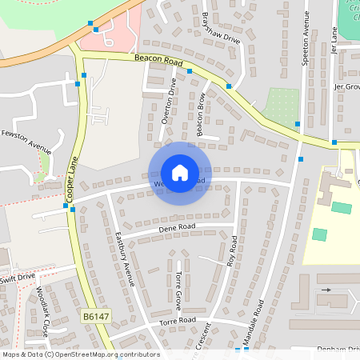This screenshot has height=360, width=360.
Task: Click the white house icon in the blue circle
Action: (x=180, y=172)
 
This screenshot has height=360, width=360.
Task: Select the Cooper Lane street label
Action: (x=70, y=181)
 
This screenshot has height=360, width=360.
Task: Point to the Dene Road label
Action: (x=176, y=228)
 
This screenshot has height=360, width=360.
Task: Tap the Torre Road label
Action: (x=177, y=322)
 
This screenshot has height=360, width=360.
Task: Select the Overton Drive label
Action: (x=168, y=102)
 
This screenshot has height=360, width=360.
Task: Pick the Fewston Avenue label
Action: (x=26, y=142)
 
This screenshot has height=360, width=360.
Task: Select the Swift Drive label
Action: (x=17, y=278)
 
